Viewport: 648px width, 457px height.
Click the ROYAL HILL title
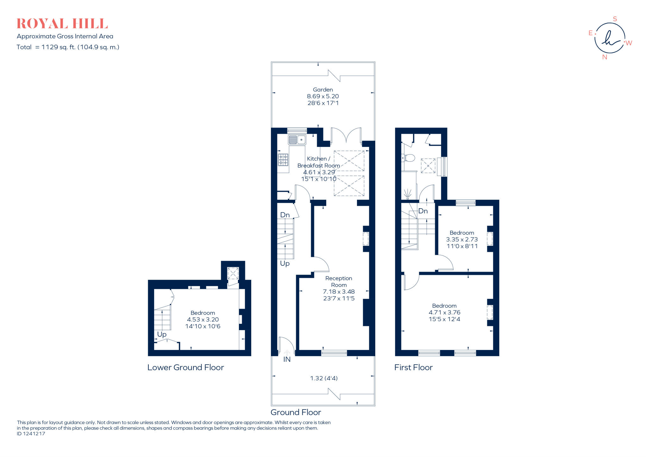pos(62,24)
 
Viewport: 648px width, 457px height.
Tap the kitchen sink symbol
pos(297,140)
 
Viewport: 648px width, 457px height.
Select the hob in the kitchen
pos(283,160)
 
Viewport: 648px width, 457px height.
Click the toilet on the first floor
pos(409,158)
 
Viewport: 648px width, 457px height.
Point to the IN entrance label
pos(287,359)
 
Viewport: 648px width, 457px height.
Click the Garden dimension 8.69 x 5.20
pos(323,96)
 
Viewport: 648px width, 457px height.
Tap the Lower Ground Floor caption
pos(185,367)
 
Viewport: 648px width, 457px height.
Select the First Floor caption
pos(413,367)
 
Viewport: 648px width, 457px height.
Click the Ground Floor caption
pos(296,412)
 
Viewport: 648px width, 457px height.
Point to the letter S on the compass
pos(615,19)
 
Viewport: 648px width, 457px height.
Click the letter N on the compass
pos(605,57)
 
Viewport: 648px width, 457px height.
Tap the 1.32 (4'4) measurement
pos(324,378)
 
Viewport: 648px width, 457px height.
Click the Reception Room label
pos(339,281)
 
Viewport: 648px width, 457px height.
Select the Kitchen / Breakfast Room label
pos(319,162)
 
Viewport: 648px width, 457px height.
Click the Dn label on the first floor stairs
pos(423,211)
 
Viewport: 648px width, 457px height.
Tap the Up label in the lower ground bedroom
pos(162,335)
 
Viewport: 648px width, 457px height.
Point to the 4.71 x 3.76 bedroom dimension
pos(444,312)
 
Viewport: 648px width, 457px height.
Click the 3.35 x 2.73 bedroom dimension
pos(462,240)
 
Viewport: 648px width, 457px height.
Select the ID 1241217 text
pos(31,434)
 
